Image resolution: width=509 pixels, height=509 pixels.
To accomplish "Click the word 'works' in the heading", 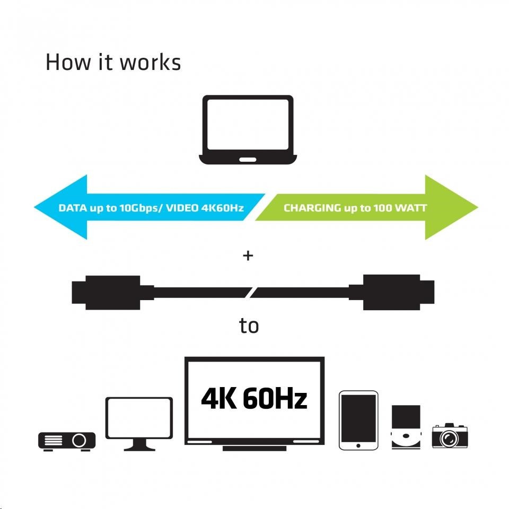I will click(150, 63).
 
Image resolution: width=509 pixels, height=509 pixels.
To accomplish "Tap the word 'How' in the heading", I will click(66, 63).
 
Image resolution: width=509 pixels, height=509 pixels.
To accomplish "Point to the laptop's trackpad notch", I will click(247, 159).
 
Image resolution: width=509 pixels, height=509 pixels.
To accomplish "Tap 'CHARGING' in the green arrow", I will click(312, 207).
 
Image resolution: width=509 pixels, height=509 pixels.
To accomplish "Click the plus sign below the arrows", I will click(248, 256).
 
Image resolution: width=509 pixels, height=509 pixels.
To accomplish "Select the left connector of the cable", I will click(106, 292).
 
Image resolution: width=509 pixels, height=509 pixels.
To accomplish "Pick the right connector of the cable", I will click(398, 292).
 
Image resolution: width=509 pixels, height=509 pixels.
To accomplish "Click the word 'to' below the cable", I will click(249, 326).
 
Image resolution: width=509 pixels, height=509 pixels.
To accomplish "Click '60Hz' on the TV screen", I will click(275, 399).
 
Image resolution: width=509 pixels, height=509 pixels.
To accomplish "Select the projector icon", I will click(67, 440).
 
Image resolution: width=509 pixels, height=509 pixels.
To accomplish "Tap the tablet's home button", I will click(358, 444).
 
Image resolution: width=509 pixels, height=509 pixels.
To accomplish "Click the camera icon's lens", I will click(452, 438).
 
